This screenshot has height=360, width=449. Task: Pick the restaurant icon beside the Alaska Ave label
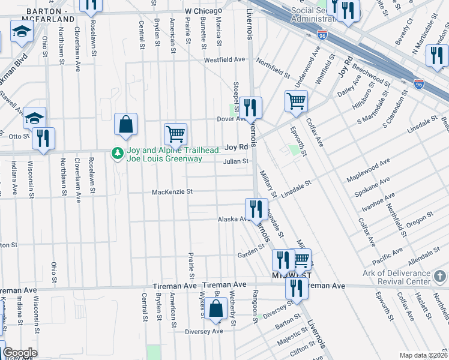coord(256,209)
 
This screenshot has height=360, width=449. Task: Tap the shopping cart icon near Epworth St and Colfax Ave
coord(297,102)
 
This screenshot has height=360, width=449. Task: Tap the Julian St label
coord(236,161)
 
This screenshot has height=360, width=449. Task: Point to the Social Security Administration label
coord(314,14)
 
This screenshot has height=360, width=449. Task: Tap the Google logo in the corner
coord(20,353)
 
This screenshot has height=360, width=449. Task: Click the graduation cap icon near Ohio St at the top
coord(22,32)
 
